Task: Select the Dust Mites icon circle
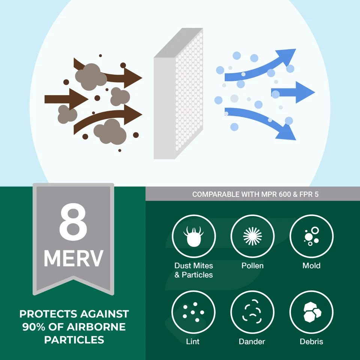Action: click(193, 236)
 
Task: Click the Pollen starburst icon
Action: click(252, 236)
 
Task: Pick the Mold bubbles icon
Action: click(311, 236)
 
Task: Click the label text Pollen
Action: click(252, 266)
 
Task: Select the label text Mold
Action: click(311, 266)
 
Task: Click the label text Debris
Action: click(311, 342)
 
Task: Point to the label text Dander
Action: click(252, 342)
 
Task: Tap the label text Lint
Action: click(193, 342)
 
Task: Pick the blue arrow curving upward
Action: click(262, 69)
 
